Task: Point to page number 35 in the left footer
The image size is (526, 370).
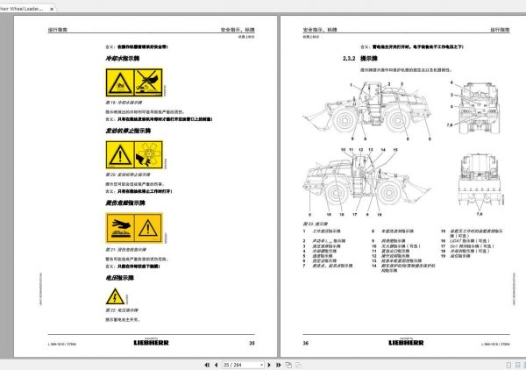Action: click(x=252, y=343)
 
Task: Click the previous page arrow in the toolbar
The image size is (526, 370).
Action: click(x=203, y=363)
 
